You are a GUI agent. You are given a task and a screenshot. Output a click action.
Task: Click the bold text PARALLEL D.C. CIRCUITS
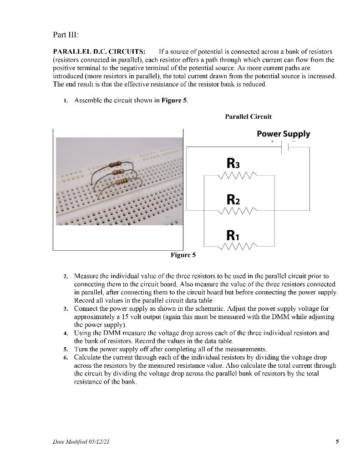tap(99, 51)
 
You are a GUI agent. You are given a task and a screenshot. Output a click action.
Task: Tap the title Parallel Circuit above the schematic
tap(248, 116)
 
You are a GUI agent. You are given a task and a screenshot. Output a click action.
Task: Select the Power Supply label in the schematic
tap(283, 134)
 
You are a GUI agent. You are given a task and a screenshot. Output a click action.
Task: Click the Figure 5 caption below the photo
tap(183, 255)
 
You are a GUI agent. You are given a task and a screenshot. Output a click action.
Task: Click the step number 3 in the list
tap(66, 309)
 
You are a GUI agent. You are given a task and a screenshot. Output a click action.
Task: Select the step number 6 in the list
tap(66, 358)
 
